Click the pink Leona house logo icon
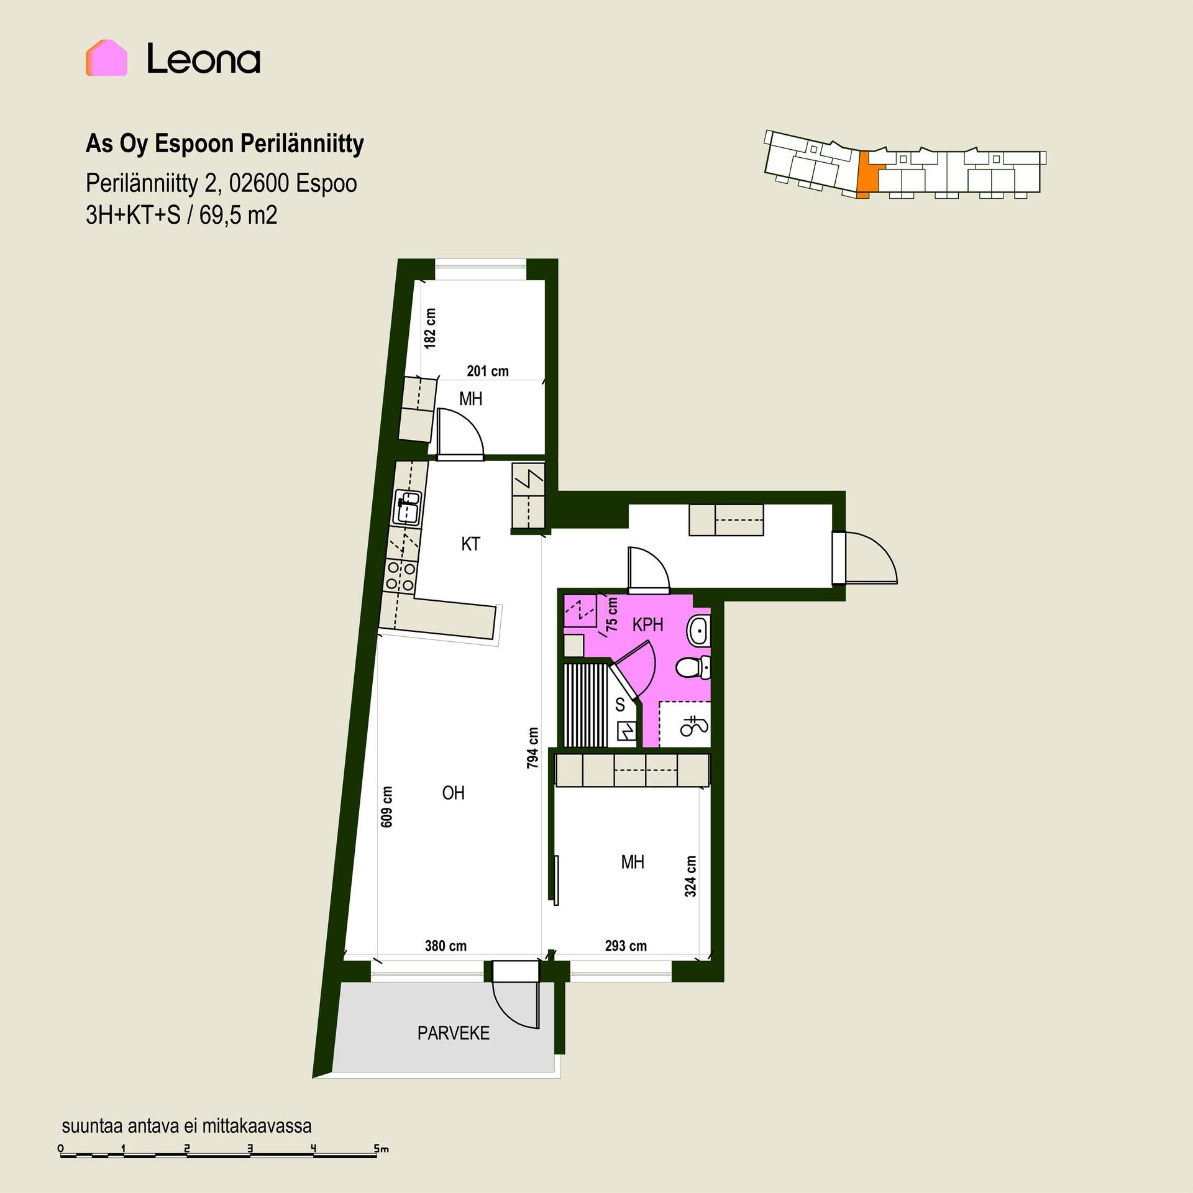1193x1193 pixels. click(106, 58)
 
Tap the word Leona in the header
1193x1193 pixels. click(203, 60)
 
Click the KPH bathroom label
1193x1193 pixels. click(647, 625)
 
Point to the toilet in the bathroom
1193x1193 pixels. click(693, 667)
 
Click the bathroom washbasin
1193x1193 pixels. click(698, 631)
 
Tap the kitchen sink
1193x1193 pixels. click(408, 506)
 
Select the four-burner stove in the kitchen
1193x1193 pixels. click(400, 575)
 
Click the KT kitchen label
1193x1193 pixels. click(470, 544)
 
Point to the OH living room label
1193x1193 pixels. click(453, 793)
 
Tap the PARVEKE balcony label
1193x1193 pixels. click(454, 1033)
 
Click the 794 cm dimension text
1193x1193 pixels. click(533, 748)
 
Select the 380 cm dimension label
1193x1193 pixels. click(446, 946)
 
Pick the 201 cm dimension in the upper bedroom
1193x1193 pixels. click(488, 371)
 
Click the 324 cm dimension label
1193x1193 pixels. click(690, 876)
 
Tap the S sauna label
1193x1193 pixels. click(619, 705)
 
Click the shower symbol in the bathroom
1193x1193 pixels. click(695, 726)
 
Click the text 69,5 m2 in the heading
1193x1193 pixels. click(239, 216)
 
